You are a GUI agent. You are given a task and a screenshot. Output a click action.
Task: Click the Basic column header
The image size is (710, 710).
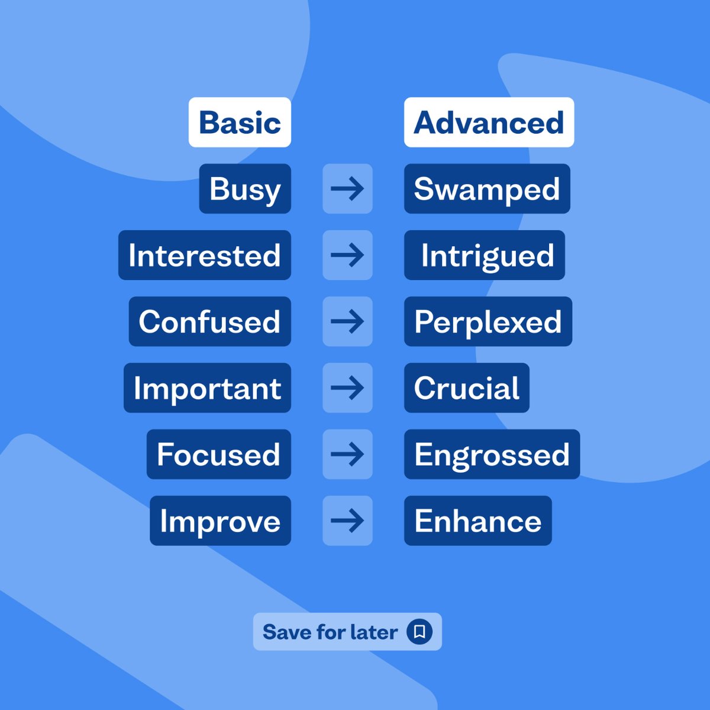[240, 122]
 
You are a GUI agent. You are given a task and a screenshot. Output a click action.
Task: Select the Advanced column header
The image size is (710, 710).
[489, 122]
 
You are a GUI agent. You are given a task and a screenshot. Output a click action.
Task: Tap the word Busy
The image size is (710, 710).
[245, 189]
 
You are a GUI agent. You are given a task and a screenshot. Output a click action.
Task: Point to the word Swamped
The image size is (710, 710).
[487, 189]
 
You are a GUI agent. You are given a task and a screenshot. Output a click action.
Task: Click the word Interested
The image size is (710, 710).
[205, 256]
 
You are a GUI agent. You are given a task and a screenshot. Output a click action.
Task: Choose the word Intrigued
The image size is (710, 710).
[487, 256]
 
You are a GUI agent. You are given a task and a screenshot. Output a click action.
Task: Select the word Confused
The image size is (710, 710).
[209, 322]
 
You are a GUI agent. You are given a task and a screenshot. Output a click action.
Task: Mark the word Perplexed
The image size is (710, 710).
[488, 322]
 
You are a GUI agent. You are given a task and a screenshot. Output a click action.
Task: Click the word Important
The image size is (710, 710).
[207, 388]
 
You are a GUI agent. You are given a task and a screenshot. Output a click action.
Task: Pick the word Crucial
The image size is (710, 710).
[467, 388]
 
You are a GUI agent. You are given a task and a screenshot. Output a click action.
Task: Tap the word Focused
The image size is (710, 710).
[218, 454]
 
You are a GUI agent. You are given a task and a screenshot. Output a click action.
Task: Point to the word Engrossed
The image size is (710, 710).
[492, 454]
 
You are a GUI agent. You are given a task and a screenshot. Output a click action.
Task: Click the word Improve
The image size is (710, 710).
[220, 521]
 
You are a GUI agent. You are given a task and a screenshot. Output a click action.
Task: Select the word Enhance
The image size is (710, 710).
[478, 521]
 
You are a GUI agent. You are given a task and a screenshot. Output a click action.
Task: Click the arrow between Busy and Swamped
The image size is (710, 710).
[347, 189]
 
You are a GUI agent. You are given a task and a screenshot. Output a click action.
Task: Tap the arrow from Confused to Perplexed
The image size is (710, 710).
[347, 322]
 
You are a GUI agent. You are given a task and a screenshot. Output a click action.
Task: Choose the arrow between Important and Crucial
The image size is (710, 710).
[347, 388]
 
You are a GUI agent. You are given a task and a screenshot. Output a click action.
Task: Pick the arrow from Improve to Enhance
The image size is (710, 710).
[347, 521]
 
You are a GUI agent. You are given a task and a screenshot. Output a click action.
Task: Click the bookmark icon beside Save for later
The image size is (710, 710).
[419, 631]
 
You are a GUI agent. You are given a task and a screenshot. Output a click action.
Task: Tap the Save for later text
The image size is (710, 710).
[330, 632]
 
